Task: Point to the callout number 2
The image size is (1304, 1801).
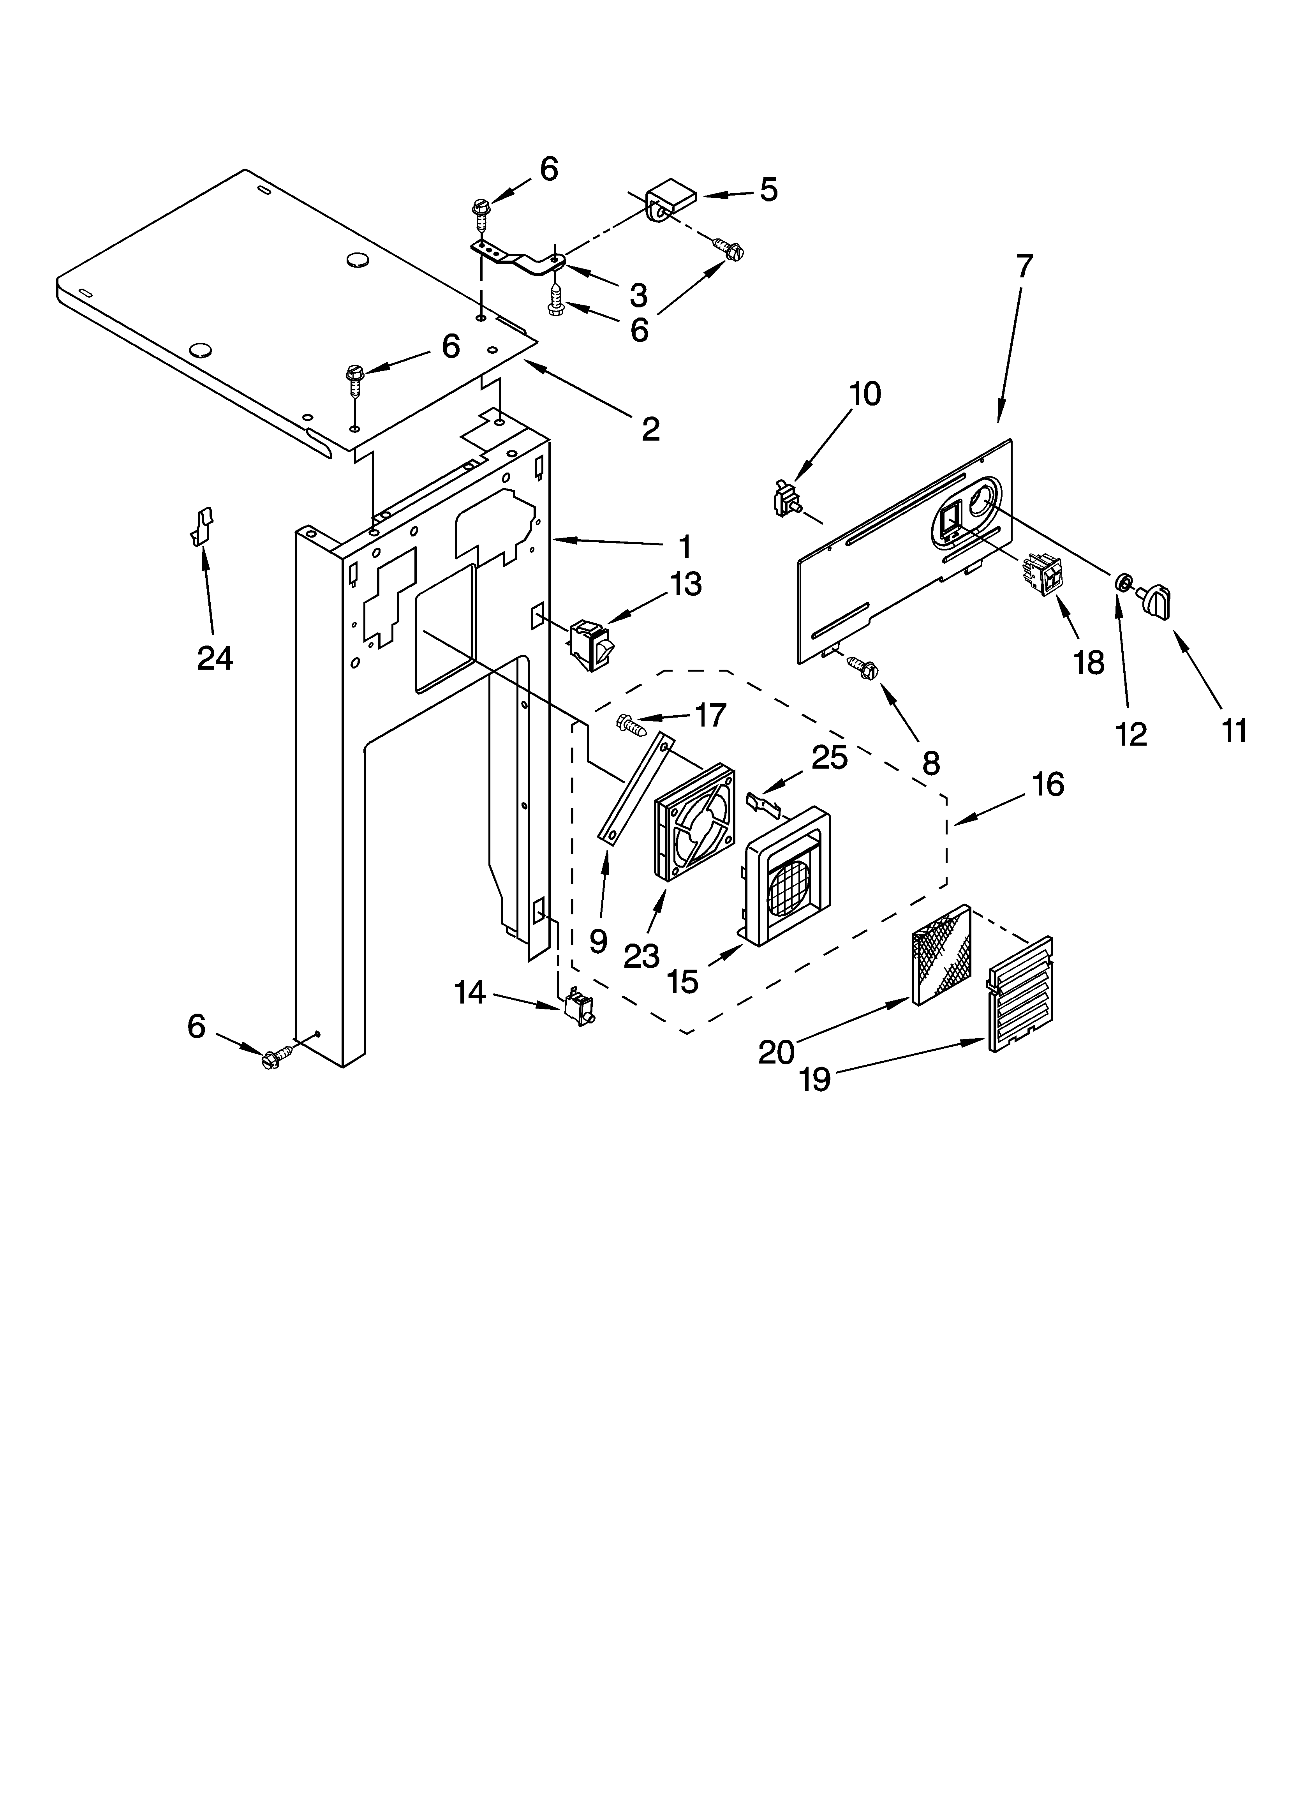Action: coord(650,430)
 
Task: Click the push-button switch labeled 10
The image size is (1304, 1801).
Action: coord(788,499)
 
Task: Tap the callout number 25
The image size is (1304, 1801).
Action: coord(829,758)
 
